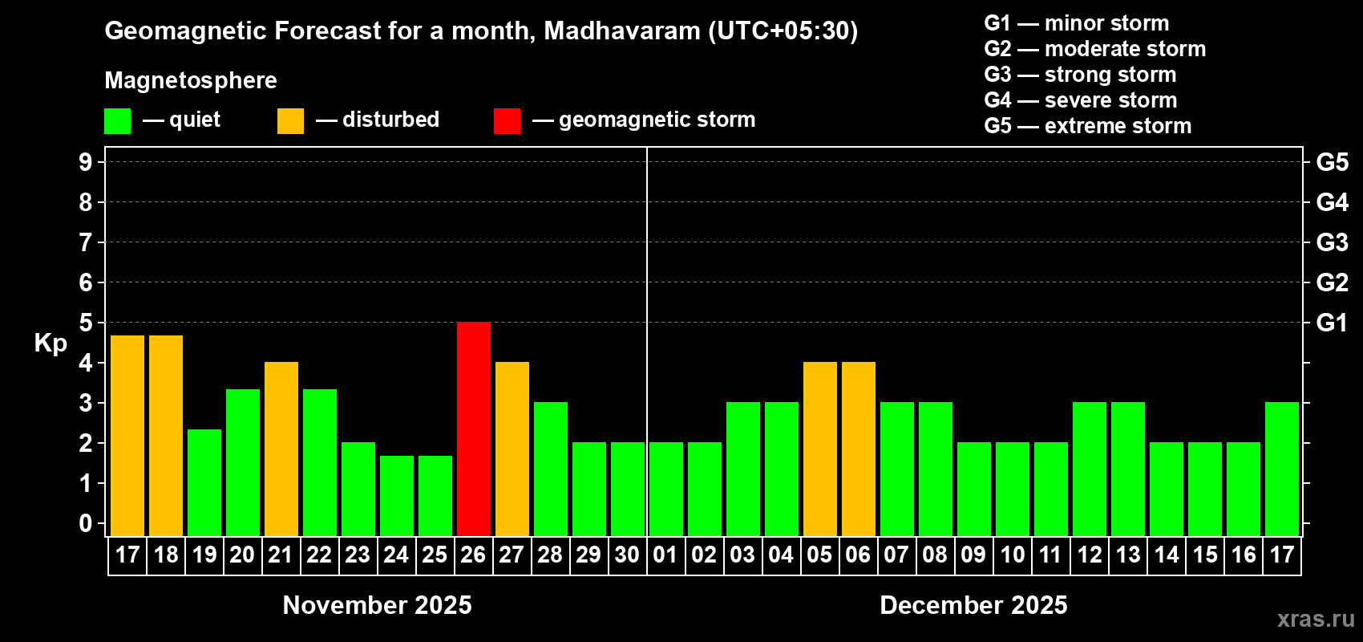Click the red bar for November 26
[474, 429]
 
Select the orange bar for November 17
[127, 435]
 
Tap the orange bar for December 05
[820, 449]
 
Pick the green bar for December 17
[1282, 469]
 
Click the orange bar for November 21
[281, 449]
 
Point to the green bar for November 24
[397, 495]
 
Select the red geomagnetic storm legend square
[507, 121]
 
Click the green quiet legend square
[118, 121]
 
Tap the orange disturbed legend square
[290, 121]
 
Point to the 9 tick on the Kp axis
[86, 162]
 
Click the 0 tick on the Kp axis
[86, 523]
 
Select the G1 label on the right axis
[1332, 323]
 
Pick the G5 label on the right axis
[1332, 162]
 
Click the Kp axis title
[51, 343]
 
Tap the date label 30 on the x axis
[627, 555]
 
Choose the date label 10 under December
[1013, 555]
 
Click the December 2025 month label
[973, 605]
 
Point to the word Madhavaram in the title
[622, 30]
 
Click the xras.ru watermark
[1316, 618]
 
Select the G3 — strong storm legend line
[1080, 75]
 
